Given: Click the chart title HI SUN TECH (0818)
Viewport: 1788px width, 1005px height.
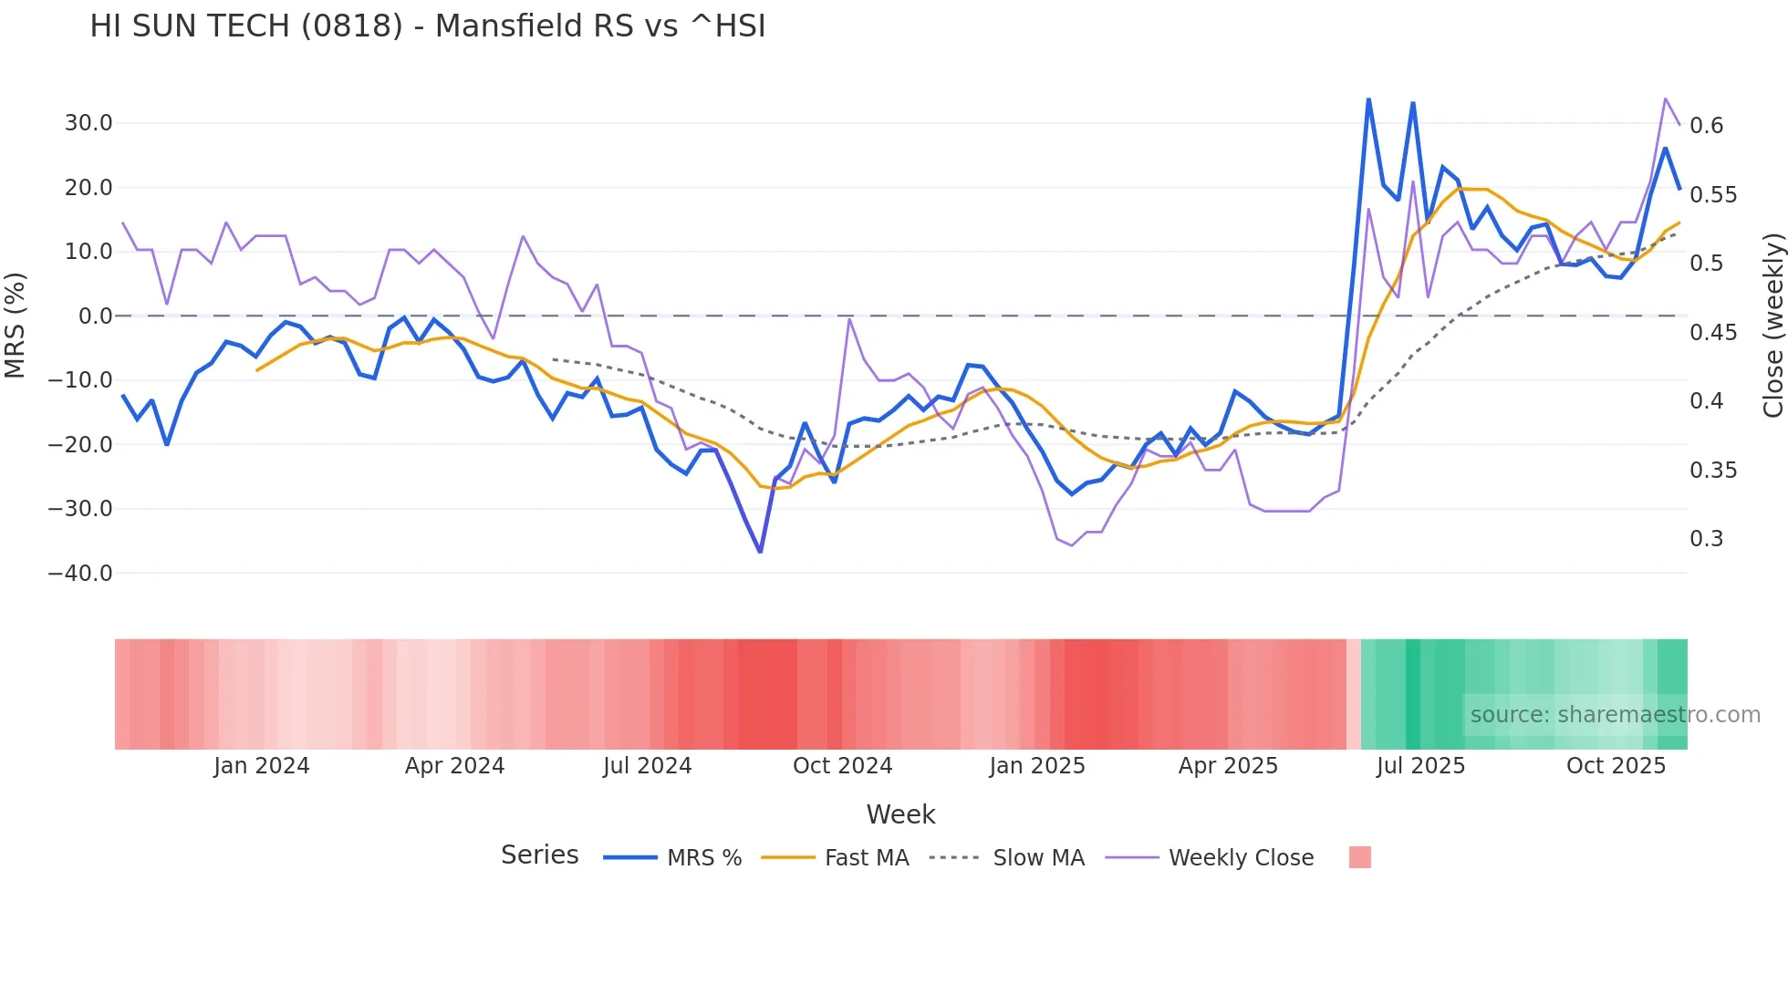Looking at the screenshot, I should pyautogui.click(x=427, y=26).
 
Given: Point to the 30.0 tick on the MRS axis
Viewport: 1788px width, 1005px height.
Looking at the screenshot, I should pyautogui.click(x=88, y=123).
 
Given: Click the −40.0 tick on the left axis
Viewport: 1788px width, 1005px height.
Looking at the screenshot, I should pyautogui.click(x=81, y=574).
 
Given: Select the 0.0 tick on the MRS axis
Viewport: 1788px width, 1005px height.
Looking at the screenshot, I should pyautogui.click(x=95, y=316).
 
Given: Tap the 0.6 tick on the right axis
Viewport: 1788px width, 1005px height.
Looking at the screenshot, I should pyautogui.click(x=1706, y=126).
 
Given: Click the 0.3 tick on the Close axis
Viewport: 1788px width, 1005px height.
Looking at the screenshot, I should pyautogui.click(x=1706, y=539).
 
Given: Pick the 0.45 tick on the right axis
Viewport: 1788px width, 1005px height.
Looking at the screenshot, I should pyautogui.click(x=1712, y=333).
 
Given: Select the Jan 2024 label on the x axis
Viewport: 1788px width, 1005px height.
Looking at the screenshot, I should pyautogui.click(x=262, y=766).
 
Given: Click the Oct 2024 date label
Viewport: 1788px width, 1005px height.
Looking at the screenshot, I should pyautogui.click(x=842, y=766).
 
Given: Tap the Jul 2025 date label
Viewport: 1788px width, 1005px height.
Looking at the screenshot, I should pyautogui.click(x=1420, y=766).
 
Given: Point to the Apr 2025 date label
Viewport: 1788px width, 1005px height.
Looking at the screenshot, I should pyautogui.click(x=1228, y=766).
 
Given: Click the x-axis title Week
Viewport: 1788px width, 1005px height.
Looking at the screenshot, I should pyautogui.click(x=900, y=814).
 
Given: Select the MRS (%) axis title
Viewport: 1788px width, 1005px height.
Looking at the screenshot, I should pyautogui.click(x=16, y=326).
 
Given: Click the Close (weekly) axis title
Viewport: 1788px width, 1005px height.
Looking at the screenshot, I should pyautogui.click(x=1772, y=326).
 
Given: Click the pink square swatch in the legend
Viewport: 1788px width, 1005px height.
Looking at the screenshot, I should pyautogui.click(x=1359, y=857).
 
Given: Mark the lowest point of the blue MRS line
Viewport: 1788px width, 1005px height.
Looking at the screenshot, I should pyautogui.click(x=760, y=552).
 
